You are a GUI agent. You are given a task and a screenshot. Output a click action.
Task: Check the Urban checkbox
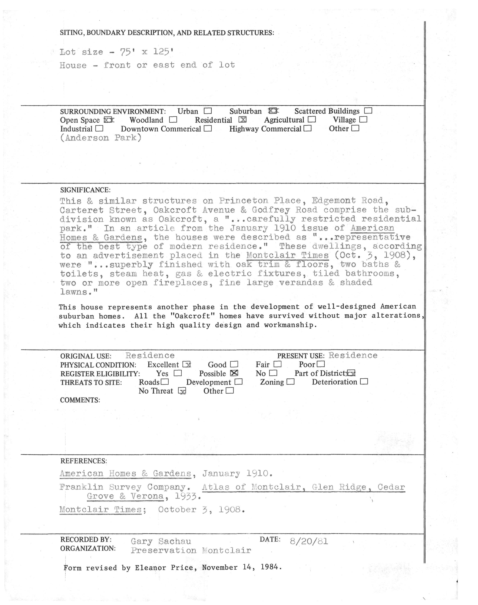(208, 111)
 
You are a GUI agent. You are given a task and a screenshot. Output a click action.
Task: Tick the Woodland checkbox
(173, 120)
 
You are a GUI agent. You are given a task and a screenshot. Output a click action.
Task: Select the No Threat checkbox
(182, 391)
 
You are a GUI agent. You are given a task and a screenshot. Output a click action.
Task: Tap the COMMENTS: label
(80, 400)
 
